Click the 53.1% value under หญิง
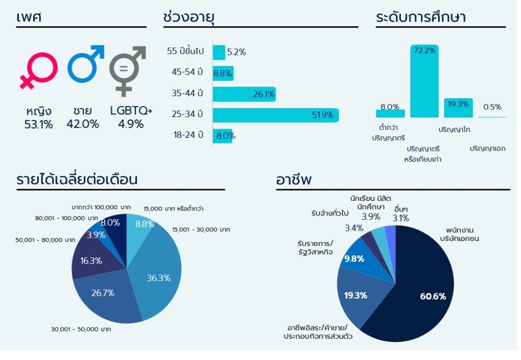[x=39, y=124]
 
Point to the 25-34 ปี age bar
[x=275, y=115]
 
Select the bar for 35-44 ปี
[x=244, y=94]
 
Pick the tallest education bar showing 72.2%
[x=424, y=81]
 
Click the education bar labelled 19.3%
[x=458, y=108]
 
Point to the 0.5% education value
[x=492, y=107]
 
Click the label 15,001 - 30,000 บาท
[x=201, y=230]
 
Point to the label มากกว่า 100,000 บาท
[x=101, y=207]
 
